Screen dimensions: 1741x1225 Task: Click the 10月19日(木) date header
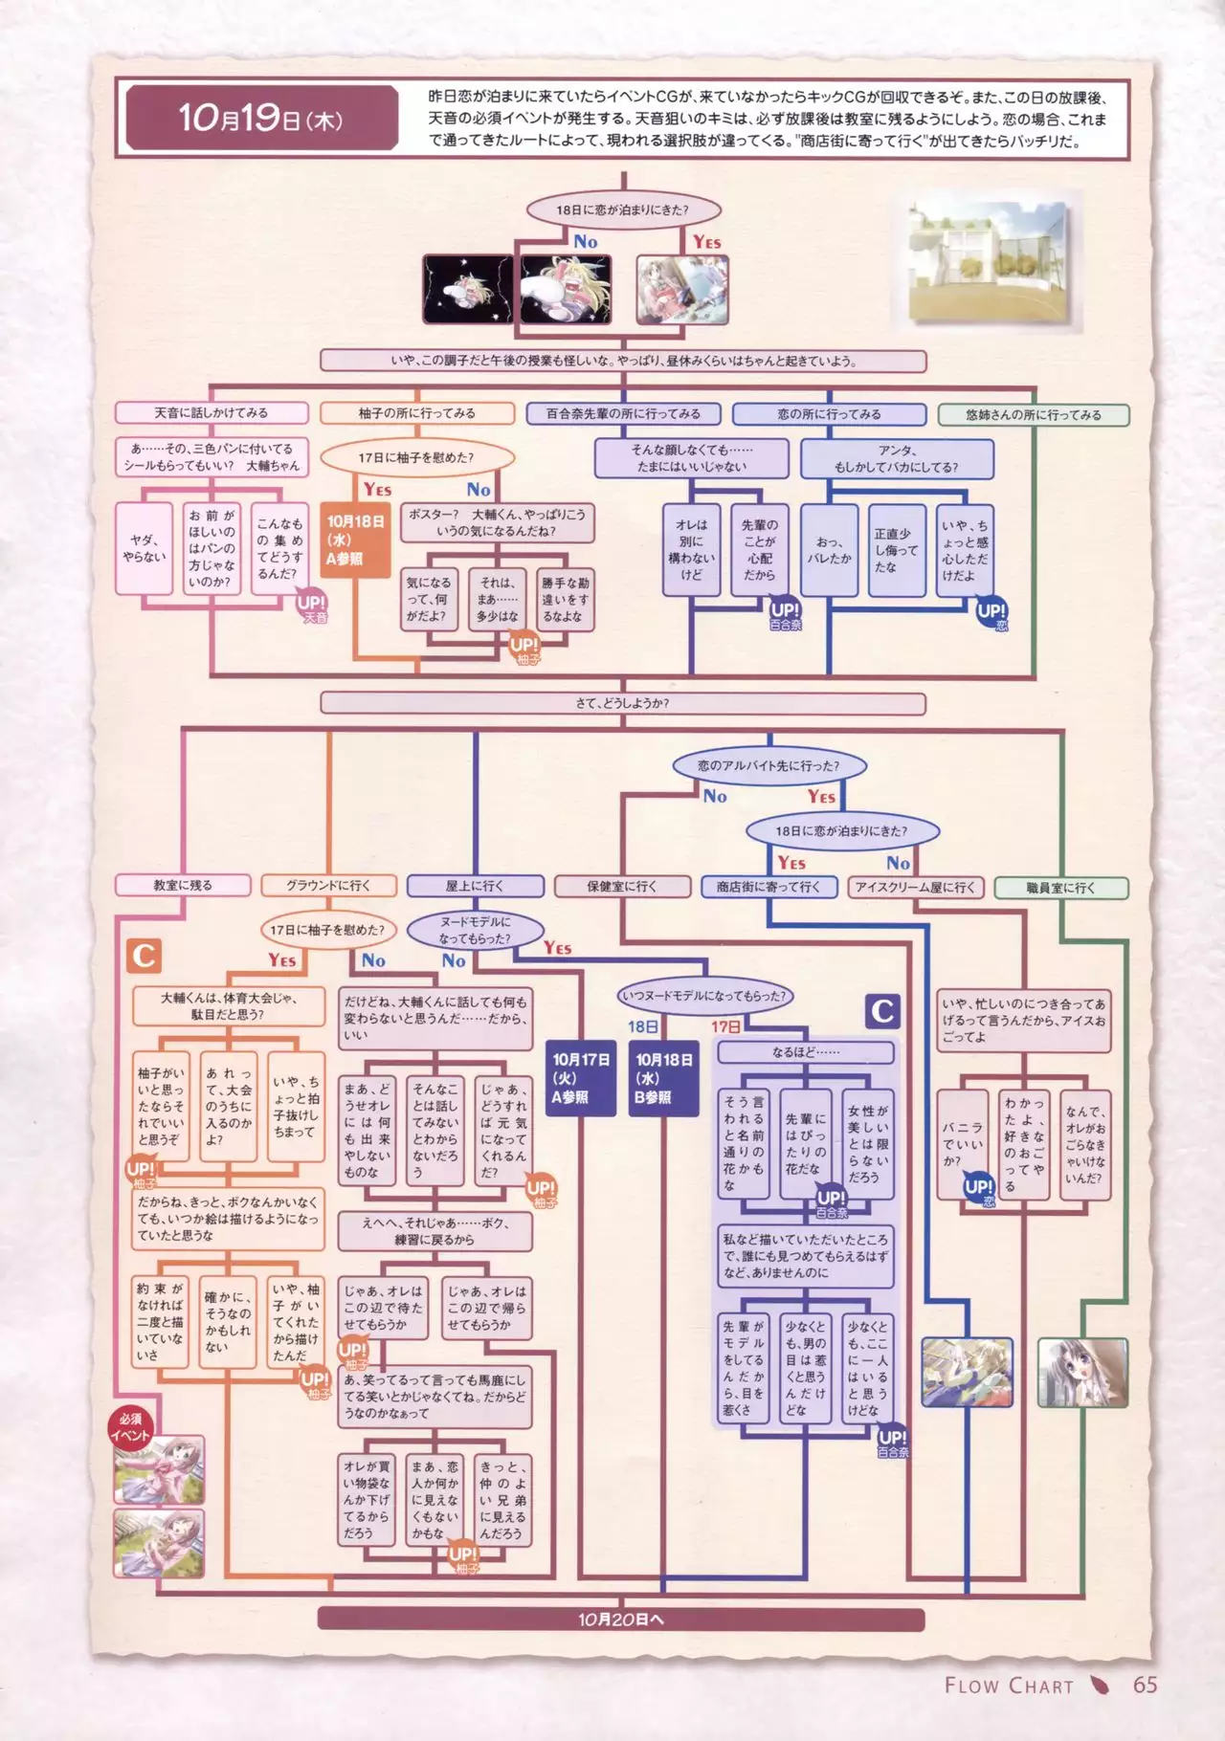pyautogui.click(x=260, y=119)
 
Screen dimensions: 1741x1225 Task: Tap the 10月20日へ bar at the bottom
pyautogui.click(x=620, y=1620)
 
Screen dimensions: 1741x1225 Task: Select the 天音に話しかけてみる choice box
pyautogui.click(x=212, y=413)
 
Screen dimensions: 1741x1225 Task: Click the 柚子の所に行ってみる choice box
pyautogui.click(x=416, y=413)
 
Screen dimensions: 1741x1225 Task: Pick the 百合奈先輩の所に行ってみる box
pyautogui.click(x=623, y=414)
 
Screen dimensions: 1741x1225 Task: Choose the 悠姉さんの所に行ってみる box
pyautogui.click(x=1034, y=415)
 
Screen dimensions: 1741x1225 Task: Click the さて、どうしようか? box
pyautogui.click(x=622, y=703)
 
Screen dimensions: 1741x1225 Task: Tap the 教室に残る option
pyautogui.click(x=183, y=886)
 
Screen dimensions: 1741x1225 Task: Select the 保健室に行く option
pyautogui.click(x=622, y=887)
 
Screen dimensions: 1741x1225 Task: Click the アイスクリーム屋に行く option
pyautogui.click(x=915, y=888)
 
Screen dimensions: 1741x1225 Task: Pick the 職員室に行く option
pyautogui.click(x=1061, y=888)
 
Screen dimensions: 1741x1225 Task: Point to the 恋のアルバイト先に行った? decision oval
pyautogui.click(x=768, y=766)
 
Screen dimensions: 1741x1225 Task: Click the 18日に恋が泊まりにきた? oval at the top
pyautogui.click(x=622, y=210)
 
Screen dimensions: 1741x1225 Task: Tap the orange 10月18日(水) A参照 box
pyautogui.click(x=355, y=540)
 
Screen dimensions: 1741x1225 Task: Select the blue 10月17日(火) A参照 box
pyautogui.click(x=581, y=1078)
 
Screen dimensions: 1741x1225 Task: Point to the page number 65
pyautogui.click(x=1145, y=1686)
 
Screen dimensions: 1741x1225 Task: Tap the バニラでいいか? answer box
pyautogui.click(x=962, y=1144)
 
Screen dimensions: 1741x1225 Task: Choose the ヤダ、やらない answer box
pyautogui.click(x=145, y=548)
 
